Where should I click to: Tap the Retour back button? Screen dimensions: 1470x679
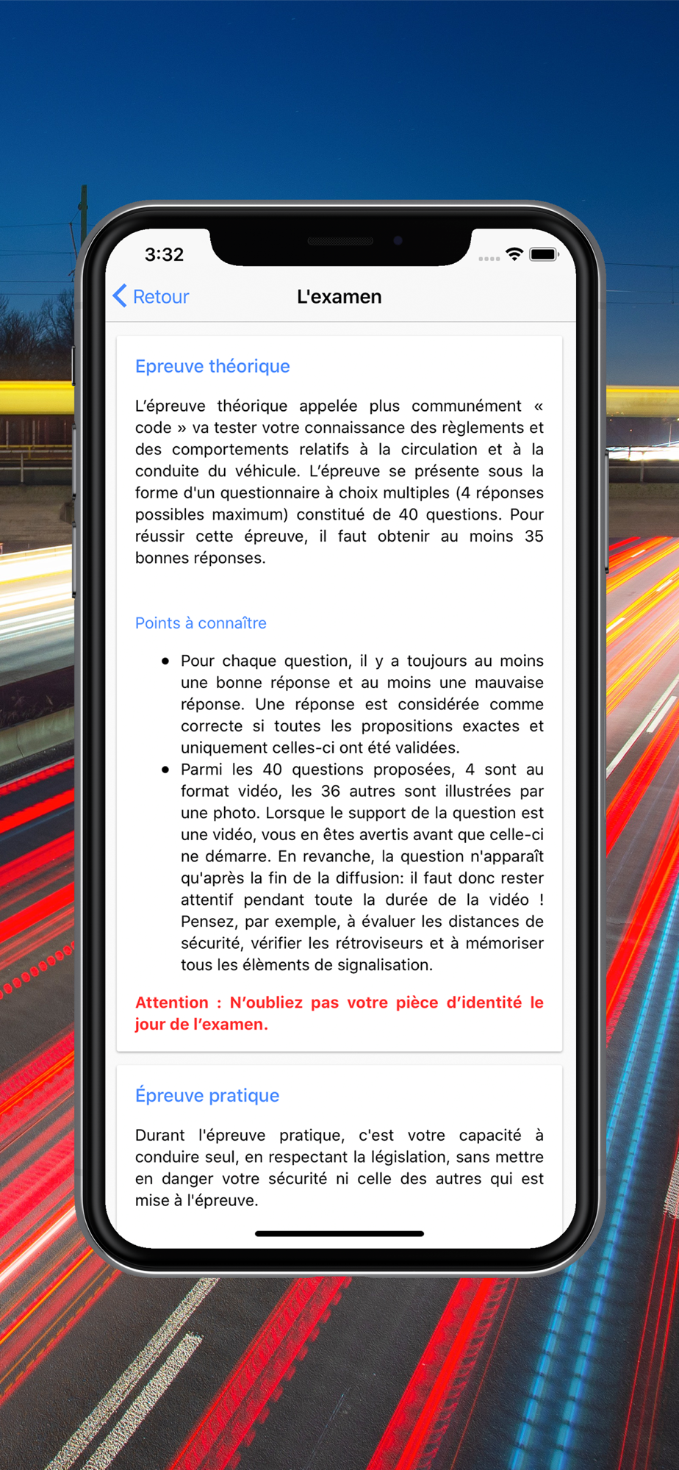point(151,296)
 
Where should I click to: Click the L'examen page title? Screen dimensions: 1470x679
point(339,296)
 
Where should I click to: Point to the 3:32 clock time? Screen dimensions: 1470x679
point(164,254)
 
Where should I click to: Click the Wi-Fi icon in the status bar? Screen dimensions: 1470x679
point(514,254)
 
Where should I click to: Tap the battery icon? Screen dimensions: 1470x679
point(544,254)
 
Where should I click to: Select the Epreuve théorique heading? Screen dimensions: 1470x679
point(212,366)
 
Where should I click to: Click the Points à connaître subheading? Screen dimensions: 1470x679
point(201,623)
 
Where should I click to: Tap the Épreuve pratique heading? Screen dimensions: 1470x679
point(207,1095)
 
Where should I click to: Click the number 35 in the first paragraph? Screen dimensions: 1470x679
point(534,537)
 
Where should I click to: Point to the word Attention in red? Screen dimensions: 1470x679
point(172,1003)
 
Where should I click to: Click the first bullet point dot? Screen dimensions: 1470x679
point(165,661)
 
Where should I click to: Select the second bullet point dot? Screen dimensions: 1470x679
point(165,770)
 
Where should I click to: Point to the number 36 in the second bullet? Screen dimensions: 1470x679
point(331,792)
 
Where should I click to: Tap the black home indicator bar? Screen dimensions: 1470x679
point(339,1233)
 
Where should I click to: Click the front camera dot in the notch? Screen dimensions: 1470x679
point(398,240)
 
